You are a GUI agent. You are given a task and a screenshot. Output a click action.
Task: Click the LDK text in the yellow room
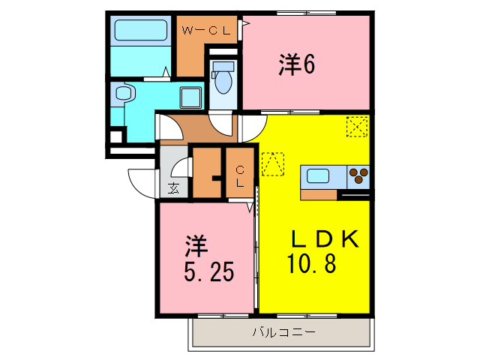[325, 239]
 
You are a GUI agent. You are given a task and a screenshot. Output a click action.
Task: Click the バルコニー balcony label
[283, 331]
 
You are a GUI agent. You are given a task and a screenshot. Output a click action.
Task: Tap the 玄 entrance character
[174, 187]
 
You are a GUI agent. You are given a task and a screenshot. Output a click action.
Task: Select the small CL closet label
[241, 176]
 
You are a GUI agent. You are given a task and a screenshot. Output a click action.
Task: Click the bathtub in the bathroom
[140, 31]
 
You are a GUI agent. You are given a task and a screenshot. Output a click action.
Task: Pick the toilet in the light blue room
[223, 75]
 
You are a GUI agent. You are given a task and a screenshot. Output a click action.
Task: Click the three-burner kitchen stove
[359, 176]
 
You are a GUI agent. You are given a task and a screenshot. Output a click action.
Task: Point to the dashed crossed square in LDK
[357, 127]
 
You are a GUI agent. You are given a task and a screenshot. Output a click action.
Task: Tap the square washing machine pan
[190, 97]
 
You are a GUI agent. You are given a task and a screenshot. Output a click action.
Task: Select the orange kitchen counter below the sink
[318, 195]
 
